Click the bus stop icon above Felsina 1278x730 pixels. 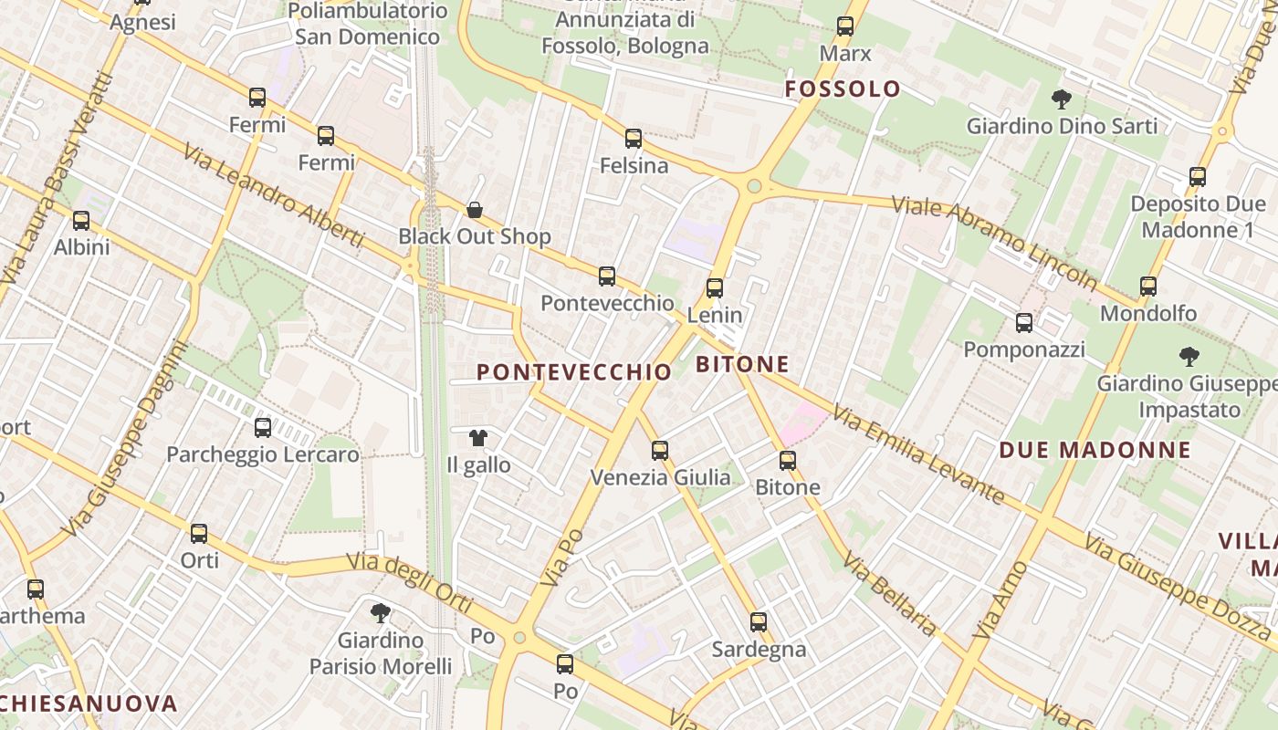(634, 139)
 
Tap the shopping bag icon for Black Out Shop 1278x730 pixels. (475, 210)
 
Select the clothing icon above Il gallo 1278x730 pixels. (477, 438)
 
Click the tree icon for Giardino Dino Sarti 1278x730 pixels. (1061, 99)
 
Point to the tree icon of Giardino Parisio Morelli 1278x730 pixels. (380, 612)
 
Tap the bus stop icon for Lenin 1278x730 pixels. (715, 288)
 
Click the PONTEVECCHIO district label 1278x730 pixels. (574, 372)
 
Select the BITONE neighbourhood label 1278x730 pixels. (742, 365)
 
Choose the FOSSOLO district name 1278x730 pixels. (843, 89)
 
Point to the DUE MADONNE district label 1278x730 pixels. (1095, 450)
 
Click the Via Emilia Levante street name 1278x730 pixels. (918, 455)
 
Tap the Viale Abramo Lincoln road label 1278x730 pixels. (995, 242)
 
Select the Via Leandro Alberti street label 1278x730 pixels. (273, 195)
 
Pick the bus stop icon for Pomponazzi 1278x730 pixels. (1024, 323)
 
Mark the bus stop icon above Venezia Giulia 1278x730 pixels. (660, 451)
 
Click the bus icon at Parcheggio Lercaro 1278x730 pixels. (263, 427)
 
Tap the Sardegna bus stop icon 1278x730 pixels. (759, 622)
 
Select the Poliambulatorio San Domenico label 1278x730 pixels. (368, 25)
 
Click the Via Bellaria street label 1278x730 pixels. (889, 594)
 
